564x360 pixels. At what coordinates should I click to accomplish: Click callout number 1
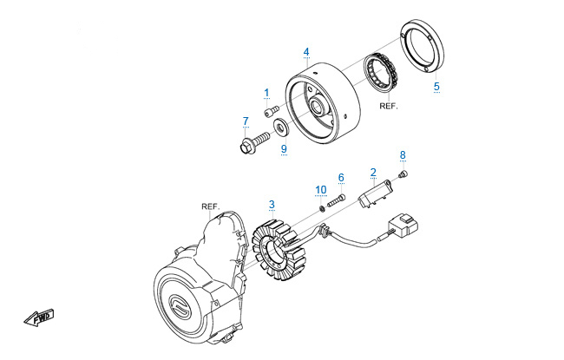(266, 92)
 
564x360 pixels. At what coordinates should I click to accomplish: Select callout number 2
(373, 172)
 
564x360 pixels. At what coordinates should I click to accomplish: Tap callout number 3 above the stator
(272, 205)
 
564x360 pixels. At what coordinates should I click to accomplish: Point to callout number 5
(436, 87)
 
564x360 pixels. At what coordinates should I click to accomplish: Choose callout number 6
(341, 178)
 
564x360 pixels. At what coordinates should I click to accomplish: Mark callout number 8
(403, 154)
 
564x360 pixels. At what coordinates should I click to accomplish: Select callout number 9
(283, 148)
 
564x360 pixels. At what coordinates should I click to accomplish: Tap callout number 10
(321, 189)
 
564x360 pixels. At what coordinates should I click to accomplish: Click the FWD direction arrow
(37, 318)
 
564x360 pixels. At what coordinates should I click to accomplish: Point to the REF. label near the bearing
(390, 106)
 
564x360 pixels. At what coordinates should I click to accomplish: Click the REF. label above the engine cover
(210, 206)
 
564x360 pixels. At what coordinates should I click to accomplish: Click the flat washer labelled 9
(282, 129)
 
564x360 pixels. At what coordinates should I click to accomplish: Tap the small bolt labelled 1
(272, 110)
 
